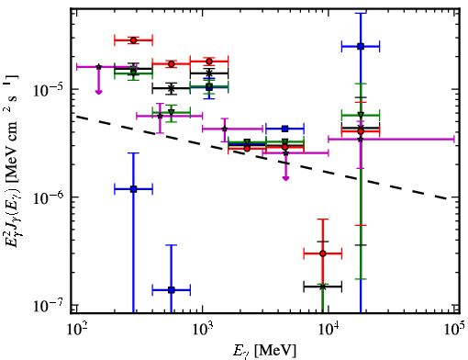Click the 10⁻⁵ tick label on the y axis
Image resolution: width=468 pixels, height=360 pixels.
click(x=48, y=88)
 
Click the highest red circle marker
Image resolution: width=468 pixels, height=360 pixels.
click(x=133, y=40)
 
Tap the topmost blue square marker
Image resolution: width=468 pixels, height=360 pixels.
click(x=361, y=47)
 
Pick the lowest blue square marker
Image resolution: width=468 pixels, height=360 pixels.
click(x=172, y=290)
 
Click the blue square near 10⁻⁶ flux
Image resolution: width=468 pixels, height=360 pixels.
click(x=133, y=189)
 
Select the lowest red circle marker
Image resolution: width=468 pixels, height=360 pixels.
click(x=323, y=253)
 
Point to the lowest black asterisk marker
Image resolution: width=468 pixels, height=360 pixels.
click(x=323, y=287)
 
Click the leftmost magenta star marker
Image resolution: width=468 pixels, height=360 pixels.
click(x=98, y=67)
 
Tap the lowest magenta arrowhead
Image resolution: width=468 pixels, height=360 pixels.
click(x=285, y=178)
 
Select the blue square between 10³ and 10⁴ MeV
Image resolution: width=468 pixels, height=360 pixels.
click(x=285, y=129)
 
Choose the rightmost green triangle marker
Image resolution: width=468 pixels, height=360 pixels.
click(x=361, y=115)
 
